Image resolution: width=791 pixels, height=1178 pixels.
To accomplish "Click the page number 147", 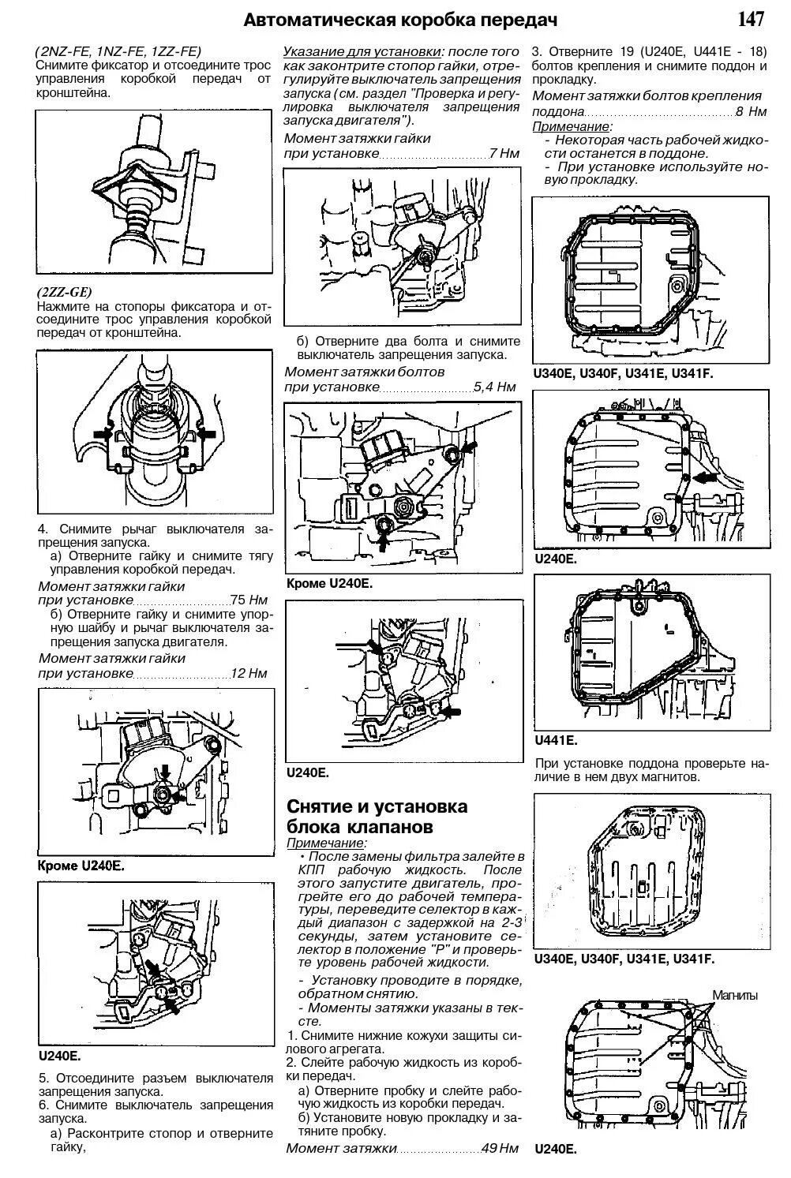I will (754, 19).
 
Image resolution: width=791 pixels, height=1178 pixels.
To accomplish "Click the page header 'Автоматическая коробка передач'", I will (400, 20).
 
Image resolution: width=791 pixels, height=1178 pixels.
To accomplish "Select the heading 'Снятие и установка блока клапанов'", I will (377, 817).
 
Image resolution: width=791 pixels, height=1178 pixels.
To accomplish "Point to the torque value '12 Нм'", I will (249, 673).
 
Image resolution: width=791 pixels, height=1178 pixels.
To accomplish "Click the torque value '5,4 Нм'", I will (494, 387).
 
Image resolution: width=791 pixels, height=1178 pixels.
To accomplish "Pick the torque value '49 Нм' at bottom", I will (499, 1148).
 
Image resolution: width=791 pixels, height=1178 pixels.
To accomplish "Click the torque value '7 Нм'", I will (504, 153).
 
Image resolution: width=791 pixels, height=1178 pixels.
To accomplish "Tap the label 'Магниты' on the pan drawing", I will (736, 995).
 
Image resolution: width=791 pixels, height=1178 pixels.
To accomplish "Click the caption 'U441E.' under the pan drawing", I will (556, 740).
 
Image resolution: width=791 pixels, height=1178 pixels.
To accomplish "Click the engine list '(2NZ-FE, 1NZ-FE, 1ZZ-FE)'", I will (118, 50).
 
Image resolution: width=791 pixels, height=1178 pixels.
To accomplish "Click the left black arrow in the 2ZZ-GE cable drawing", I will (102, 434).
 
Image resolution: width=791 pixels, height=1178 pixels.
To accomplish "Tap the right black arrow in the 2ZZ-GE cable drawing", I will (206, 434).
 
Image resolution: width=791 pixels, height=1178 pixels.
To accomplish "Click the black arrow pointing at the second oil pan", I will (705, 477).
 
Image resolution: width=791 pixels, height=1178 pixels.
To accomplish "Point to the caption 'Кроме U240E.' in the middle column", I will (328, 583).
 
